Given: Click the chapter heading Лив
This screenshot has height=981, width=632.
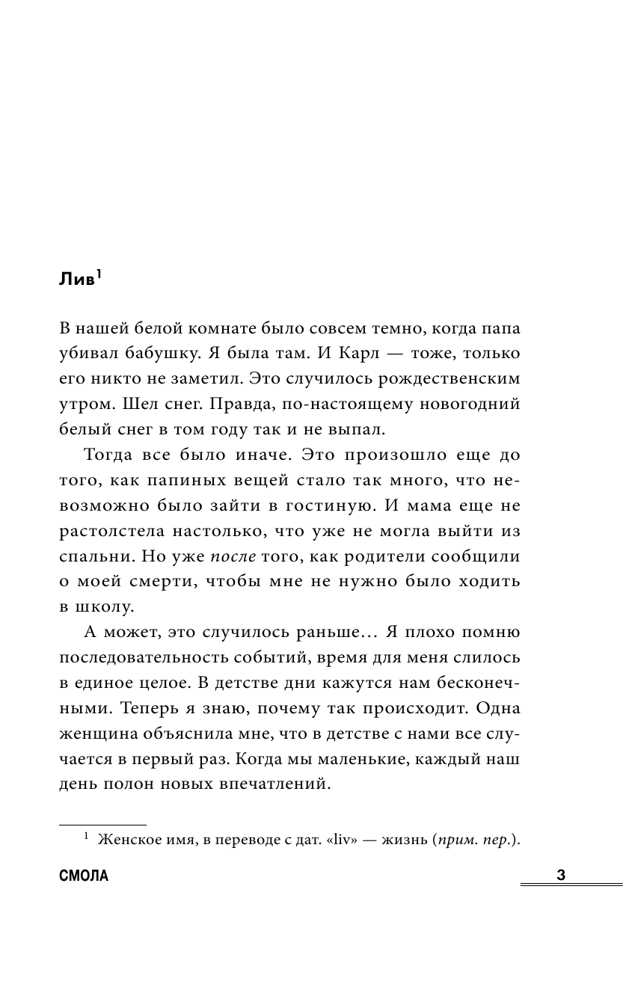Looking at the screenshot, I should pyautogui.click(x=76, y=280).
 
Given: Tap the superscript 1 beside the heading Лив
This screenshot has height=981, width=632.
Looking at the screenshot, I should pyautogui.click(x=99, y=274).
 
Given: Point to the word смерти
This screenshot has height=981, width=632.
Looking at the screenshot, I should pyautogui.click(x=150, y=582).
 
